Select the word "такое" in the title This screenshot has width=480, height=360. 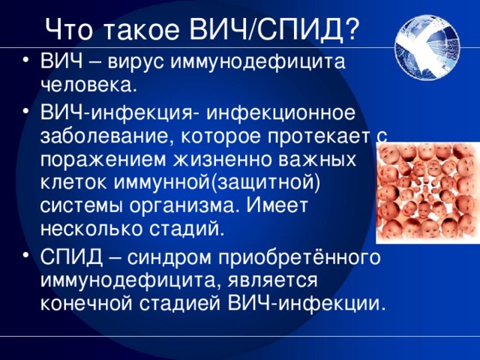pos(140,29)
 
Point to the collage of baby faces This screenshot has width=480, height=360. pos(427,193)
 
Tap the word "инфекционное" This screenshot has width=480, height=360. pos(280,114)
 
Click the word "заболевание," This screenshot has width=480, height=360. pos(106,136)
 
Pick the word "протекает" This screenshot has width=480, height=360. pos(319,137)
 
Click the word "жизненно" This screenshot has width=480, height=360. pos(222,160)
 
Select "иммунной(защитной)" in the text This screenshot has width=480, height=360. pos(217,184)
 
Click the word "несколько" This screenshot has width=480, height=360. pos(91,229)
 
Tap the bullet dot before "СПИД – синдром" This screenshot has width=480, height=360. pos(26,255)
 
